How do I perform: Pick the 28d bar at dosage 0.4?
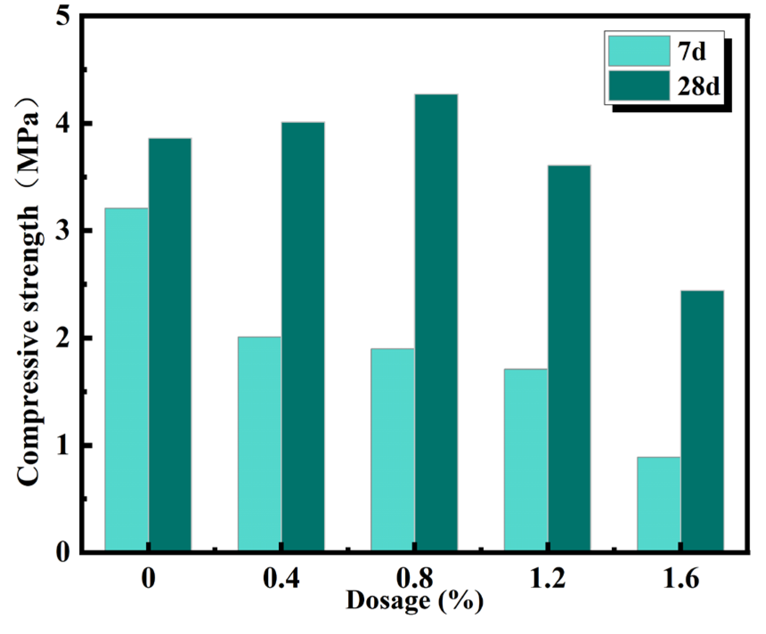click(x=303, y=337)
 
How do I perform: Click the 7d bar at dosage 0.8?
click(x=392, y=450)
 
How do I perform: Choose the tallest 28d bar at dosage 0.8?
click(x=436, y=323)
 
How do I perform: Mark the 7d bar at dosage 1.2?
click(x=526, y=460)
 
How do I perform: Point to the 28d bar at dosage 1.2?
click(x=569, y=358)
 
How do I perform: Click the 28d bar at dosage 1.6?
click(x=702, y=421)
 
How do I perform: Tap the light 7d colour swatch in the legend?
click(x=639, y=51)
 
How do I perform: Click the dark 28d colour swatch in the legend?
click(x=639, y=86)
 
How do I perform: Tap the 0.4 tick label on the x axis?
click(x=281, y=578)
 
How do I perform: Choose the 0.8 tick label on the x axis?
click(x=415, y=578)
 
